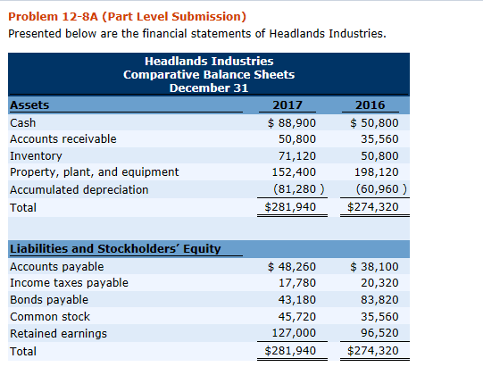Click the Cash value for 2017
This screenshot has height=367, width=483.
click(291, 122)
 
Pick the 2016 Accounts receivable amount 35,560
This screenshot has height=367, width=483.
click(377, 139)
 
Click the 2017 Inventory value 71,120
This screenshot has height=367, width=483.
click(297, 155)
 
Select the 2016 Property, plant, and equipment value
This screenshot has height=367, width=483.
click(374, 172)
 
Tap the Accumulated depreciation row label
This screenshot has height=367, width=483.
click(79, 189)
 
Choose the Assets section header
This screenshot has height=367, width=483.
click(29, 105)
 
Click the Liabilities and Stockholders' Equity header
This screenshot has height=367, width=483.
click(115, 248)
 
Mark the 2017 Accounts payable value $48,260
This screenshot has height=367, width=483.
click(291, 266)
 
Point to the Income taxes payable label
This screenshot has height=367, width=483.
click(68, 283)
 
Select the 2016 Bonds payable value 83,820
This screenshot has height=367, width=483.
click(377, 299)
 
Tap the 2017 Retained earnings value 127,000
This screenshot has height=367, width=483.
click(295, 333)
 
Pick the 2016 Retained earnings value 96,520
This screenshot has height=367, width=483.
click(377, 333)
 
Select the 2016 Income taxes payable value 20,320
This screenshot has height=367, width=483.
click(377, 283)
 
